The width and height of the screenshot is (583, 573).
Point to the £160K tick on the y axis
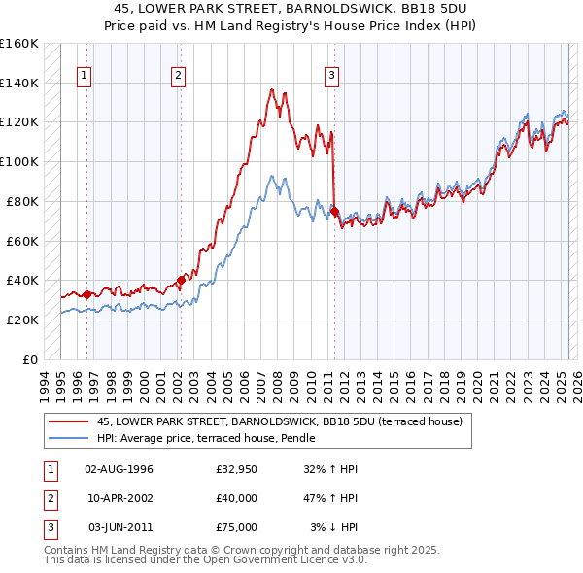19,44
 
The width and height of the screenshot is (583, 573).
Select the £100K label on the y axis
19,162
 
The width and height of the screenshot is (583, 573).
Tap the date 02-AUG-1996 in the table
119,470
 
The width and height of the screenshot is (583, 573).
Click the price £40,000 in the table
236,498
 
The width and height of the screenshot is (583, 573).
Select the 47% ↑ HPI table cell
330,498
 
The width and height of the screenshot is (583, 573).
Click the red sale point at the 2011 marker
334,211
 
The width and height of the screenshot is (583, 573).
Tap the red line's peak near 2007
271,88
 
